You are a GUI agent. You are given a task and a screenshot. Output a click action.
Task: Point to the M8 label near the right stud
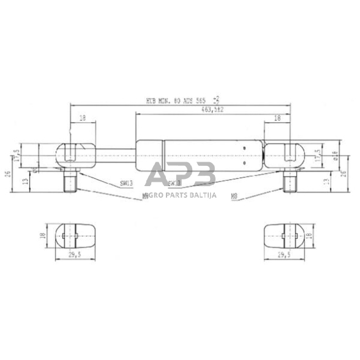coord(234,196)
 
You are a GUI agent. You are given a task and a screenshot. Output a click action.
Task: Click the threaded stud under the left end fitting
coord(70,182)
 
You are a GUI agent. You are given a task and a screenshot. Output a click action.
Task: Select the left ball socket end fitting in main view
coord(77,155)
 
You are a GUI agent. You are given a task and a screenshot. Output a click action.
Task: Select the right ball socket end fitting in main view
coord(284,155)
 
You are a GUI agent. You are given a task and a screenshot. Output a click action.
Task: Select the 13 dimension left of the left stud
coord(24,182)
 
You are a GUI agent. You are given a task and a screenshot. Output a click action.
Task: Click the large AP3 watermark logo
coord(182,176)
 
